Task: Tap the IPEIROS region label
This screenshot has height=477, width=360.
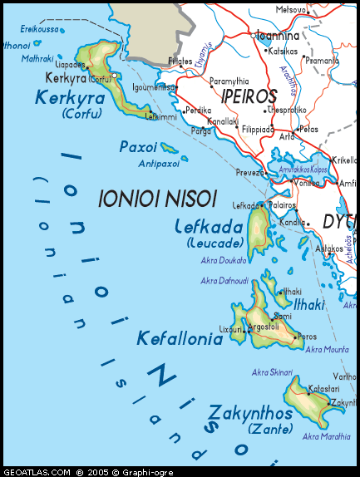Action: (x=249, y=96)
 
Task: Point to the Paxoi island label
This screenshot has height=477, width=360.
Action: (x=138, y=146)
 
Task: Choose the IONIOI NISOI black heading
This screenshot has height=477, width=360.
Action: (x=157, y=199)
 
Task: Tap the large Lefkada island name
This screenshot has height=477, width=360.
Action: (x=209, y=227)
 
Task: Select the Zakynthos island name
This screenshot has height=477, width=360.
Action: (x=250, y=413)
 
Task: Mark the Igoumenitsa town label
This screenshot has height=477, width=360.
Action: (x=153, y=86)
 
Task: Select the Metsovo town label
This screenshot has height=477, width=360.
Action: (x=291, y=10)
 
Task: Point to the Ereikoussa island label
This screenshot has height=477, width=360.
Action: (x=40, y=28)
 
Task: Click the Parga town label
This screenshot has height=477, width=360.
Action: (x=200, y=130)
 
